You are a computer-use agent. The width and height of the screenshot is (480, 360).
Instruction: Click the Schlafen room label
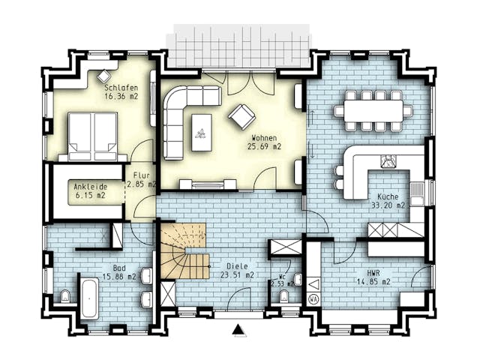121,91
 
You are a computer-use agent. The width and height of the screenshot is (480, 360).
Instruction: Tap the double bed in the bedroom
93,135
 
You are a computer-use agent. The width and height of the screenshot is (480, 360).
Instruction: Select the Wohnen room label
264,142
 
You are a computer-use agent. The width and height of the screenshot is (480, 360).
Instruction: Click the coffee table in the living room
201,131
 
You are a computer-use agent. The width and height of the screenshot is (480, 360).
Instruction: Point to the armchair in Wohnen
241,115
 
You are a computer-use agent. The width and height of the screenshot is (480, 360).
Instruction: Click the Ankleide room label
89,190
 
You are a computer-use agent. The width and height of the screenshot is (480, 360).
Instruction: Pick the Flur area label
142,179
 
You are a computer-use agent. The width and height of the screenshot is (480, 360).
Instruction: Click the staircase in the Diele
184,250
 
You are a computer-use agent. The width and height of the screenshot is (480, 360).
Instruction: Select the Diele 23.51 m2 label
236,271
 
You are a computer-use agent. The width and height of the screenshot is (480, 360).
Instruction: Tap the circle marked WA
313,299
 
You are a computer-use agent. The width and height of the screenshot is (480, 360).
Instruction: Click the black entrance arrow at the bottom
238,328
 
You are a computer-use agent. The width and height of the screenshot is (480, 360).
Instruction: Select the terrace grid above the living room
241,44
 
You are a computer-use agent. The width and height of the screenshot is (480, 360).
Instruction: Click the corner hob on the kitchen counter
389,160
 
